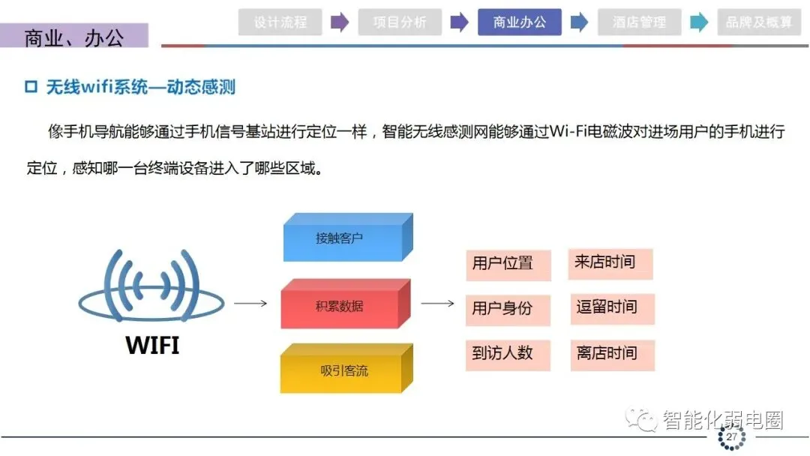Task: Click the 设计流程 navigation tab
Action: [280, 22]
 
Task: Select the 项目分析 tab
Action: [400, 22]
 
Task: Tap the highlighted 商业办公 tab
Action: [519, 22]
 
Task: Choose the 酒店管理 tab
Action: [639, 22]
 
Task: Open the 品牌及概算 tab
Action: [759, 22]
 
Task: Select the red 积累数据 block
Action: [340, 307]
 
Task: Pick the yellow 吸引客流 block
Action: [342, 371]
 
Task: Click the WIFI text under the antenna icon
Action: [152, 346]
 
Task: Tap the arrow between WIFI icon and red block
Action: [250, 304]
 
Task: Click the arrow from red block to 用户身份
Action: [438, 304]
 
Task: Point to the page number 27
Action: [731, 436]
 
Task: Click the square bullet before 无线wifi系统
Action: [31, 88]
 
